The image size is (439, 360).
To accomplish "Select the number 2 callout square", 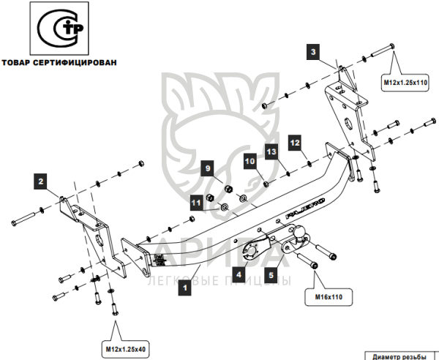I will coord(42,179).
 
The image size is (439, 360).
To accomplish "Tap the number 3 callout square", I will coord(312,51).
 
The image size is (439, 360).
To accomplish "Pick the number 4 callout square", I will coord(238,275).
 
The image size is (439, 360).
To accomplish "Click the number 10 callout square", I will coord(249,161).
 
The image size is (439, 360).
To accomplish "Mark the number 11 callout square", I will coord(196,202).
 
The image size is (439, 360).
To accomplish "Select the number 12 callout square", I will coord(295,143).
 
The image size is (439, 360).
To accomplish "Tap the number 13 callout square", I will coord(271,151).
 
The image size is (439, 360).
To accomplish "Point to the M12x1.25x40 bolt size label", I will coord(124,349).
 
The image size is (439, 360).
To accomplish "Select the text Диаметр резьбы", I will coord(399,356).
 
